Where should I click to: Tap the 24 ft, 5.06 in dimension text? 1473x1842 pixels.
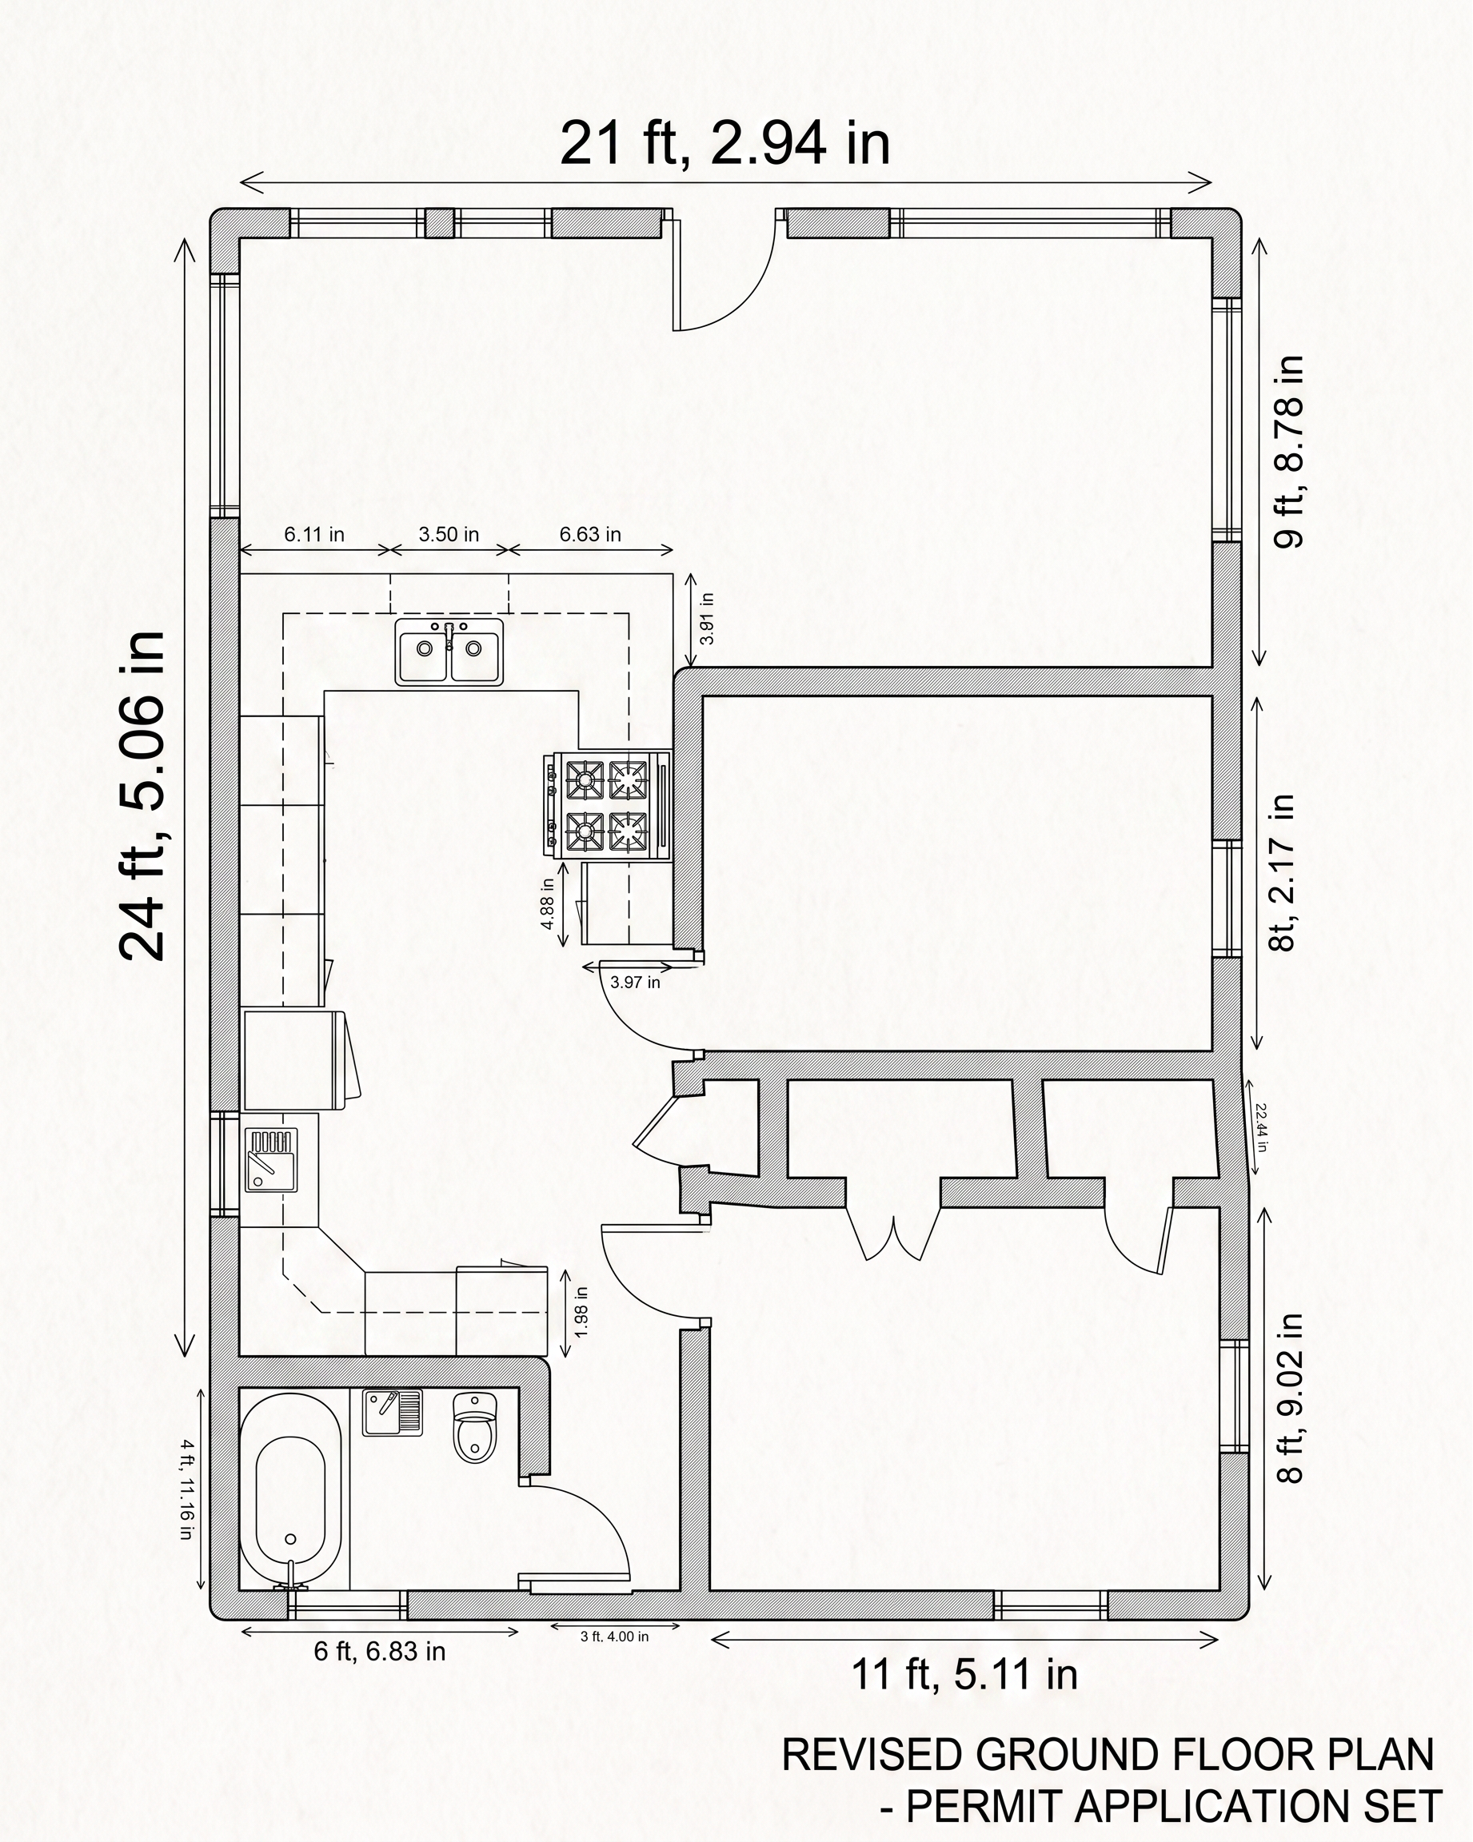coord(142,795)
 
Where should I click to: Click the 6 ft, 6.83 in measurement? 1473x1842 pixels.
coord(379,1651)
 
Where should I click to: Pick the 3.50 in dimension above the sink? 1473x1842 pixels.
coord(449,534)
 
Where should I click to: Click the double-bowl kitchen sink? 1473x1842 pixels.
coord(449,651)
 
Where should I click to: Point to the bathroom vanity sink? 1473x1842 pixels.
coord(392,1412)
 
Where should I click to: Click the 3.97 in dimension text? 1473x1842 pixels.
coord(635,983)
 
